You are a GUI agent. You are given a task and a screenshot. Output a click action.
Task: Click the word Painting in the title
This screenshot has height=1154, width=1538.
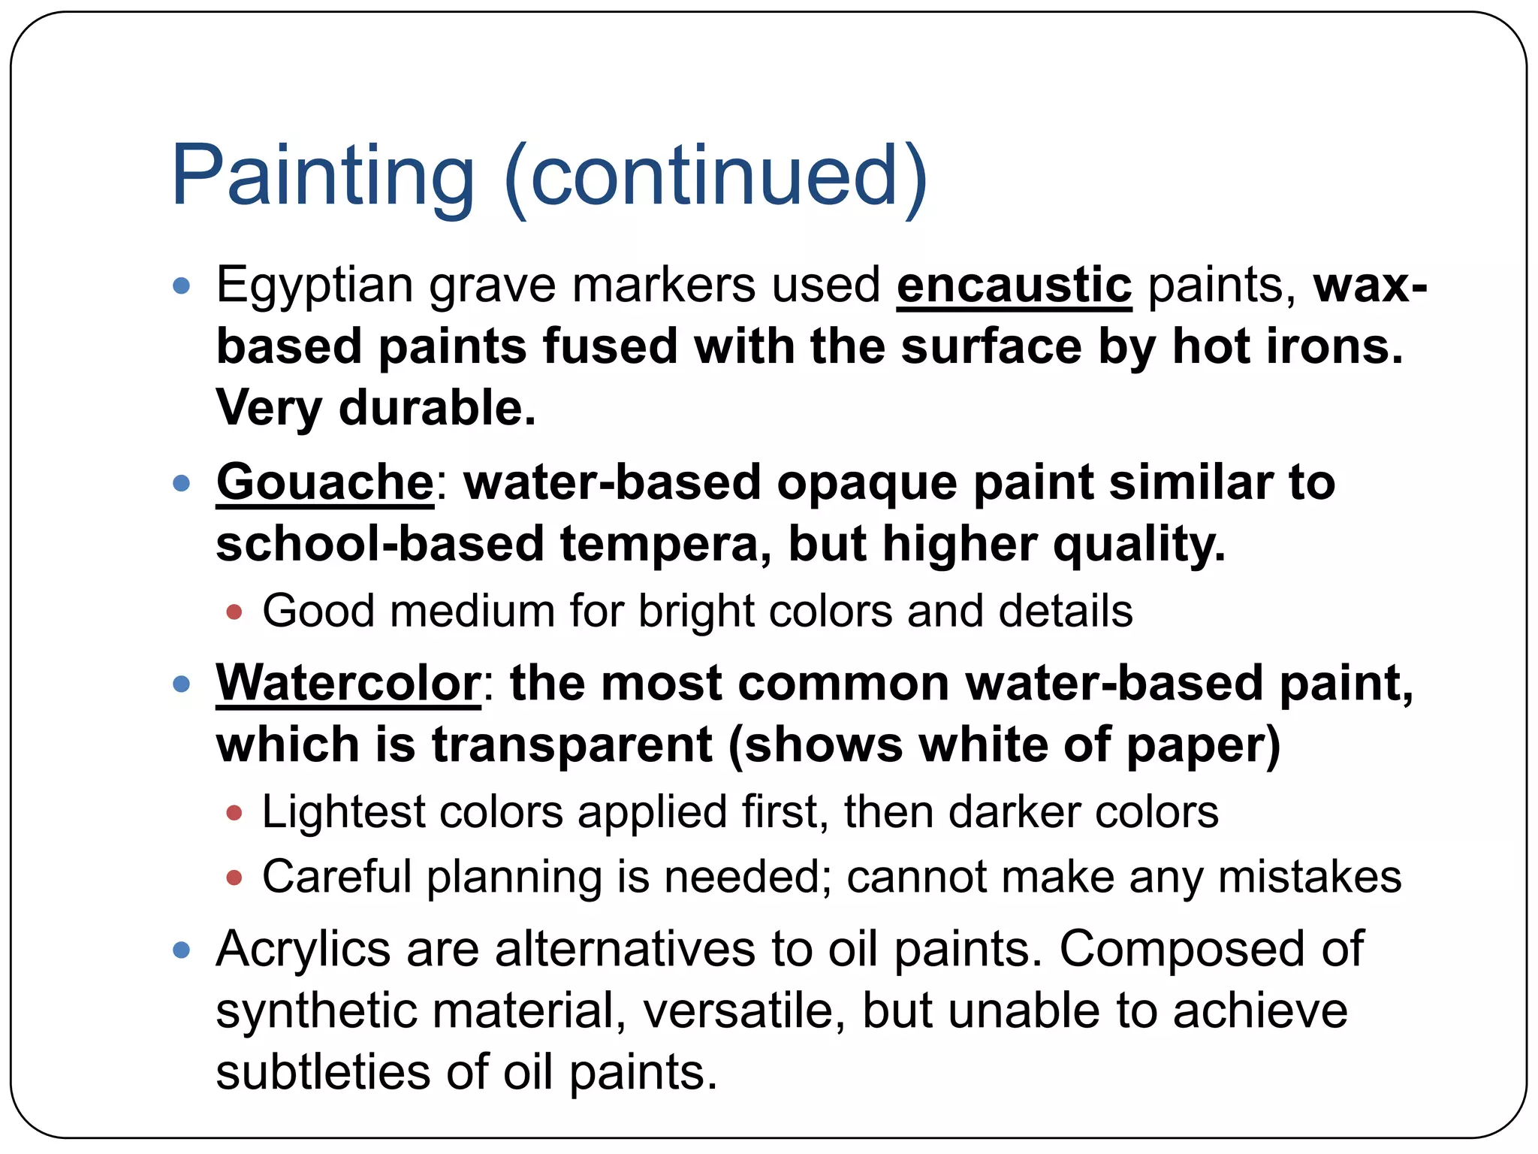coord(323,177)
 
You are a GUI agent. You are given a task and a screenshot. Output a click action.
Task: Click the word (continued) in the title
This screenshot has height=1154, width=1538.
coord(716,177)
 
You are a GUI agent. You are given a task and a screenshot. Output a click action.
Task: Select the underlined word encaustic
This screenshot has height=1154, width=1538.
coord(1014,285)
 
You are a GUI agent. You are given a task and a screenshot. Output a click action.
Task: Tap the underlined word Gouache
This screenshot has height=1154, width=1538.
coord(324,482)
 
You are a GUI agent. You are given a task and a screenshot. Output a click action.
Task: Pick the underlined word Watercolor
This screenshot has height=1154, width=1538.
coord(348,684)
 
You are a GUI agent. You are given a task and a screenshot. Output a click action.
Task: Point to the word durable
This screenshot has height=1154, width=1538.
coord(437,408)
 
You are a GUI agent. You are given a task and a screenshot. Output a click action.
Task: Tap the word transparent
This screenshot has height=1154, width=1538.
coord(571,745)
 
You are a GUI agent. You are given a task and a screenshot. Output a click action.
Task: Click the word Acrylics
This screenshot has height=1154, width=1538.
coord(303,949)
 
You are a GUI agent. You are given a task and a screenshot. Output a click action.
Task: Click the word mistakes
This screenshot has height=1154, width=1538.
coord(1309,877)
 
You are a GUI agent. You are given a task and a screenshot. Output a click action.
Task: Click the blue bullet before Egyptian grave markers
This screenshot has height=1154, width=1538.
coord(181,285)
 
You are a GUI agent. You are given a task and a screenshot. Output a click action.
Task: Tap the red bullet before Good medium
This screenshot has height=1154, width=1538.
coord(234,612)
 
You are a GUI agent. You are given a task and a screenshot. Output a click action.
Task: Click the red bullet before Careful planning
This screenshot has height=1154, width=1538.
coord(234,878)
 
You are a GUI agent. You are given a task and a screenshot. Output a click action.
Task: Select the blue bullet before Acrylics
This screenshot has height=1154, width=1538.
coord(181,950)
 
